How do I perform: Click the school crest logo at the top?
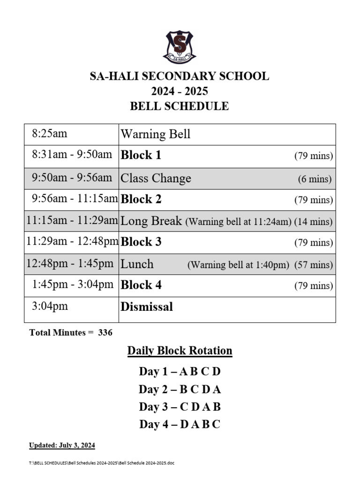tap(180, 47)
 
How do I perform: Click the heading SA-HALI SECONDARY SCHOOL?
tap(180, 76)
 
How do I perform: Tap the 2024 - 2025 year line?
tap(180, 91)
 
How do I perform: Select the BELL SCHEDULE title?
tap(180, 106)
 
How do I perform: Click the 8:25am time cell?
tap(49, 134)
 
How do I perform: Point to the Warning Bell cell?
tap(156, 135)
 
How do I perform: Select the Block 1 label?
tap(141, 156)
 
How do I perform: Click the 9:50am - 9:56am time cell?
tap(72, 178)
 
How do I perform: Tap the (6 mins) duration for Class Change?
tap(315, 179)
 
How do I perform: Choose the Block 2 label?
tap(141, 199)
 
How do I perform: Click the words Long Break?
tap(151, 221)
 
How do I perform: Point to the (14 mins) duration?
tap(314, 222)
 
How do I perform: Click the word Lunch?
tap(137, 264)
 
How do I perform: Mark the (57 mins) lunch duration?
tap(314, 265)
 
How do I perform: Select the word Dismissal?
tap(147, 307)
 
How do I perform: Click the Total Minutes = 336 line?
tap(71, 332)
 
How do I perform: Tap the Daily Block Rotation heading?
tap(180, 351)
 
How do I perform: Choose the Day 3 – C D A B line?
tap(180, 406)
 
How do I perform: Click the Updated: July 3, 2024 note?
tap(62, 445)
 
